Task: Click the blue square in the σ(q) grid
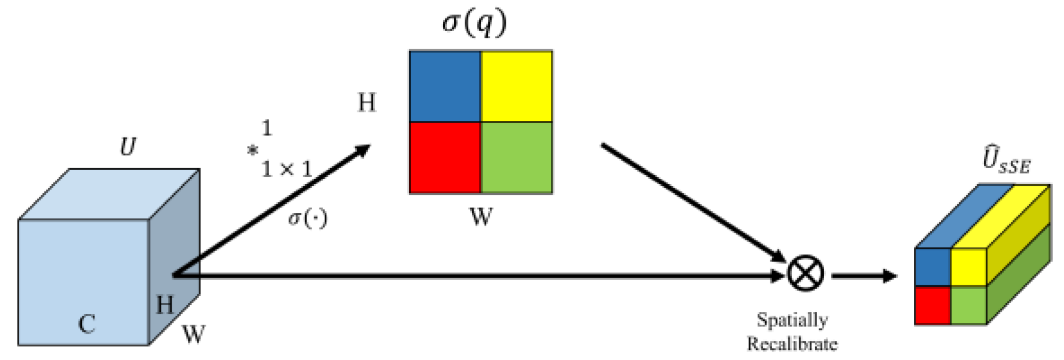(445, 87)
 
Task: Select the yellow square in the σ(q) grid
(516, 87)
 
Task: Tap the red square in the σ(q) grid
(445, 158)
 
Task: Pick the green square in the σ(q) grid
(516, 158)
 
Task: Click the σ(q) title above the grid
(474, 23)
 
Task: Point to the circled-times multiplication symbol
(805, 274)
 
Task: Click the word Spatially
(792, 320)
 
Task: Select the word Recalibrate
(792, 344)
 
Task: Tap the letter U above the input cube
(127, 147)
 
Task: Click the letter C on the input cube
(87, 324)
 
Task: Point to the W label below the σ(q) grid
(481, 216)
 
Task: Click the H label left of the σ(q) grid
(367, 103)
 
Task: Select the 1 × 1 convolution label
(286, 169)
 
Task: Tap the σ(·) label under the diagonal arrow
(307, 218)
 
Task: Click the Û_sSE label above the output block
(1006, 160)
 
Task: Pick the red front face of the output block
(932, 306)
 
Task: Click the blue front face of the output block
(932, 267)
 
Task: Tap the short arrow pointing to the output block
(864, 276)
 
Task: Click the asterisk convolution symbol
(253, 151)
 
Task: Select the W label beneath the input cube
(194, 334)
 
